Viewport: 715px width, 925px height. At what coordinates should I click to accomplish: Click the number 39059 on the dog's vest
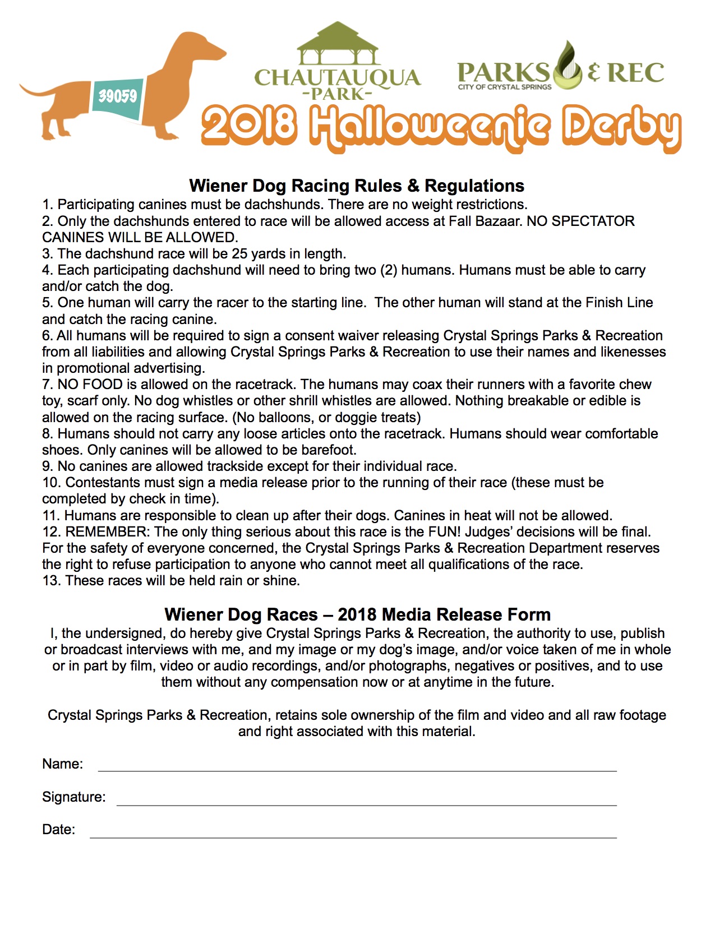(x=118, y=96)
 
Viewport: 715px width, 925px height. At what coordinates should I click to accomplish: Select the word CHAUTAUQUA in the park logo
(x=337, y=77)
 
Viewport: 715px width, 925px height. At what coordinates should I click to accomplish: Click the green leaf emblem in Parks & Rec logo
(x=568, y=66)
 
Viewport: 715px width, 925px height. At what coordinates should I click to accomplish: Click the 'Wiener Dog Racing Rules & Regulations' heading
(x=357, y=186)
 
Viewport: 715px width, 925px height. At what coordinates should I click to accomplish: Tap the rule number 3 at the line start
(x=47, y=254)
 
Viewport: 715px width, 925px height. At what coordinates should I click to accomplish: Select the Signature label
(x=73, y=797)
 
